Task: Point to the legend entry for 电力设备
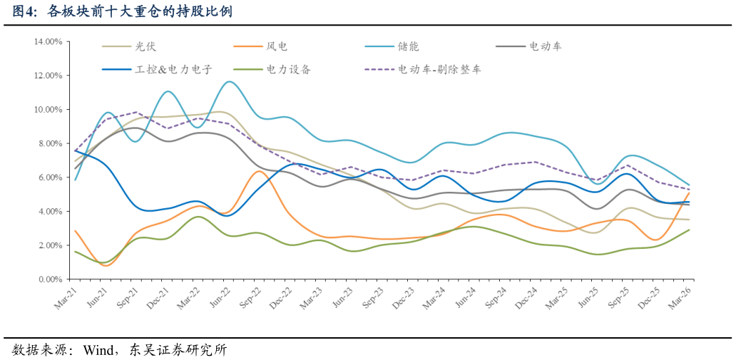click(288, 69)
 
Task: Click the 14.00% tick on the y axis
click(48, 41)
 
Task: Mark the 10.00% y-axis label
click(48, 109)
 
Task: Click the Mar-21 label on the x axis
click(66, 299)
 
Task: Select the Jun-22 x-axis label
click(219, 299)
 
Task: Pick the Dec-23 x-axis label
click(404, 299)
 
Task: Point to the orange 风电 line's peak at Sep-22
click(259, 171)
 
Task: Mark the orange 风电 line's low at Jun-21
click(106, 266)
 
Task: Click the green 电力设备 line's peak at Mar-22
click(198, 217)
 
